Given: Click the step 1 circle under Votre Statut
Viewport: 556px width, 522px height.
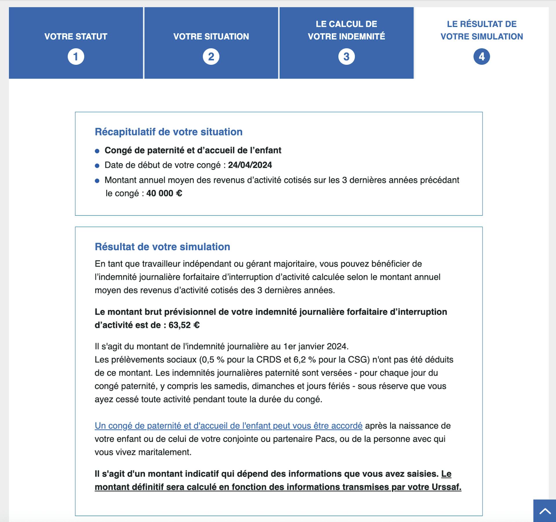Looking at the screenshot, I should (76, 56).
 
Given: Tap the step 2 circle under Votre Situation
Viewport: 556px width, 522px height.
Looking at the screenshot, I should (211, 56).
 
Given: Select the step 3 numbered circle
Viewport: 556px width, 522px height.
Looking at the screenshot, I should (346, 56).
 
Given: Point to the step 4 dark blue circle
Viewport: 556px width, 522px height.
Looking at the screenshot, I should (482, 56).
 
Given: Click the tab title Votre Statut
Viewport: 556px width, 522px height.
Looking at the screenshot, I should (76, 36).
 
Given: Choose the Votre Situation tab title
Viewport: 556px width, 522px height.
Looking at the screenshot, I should (211, 36).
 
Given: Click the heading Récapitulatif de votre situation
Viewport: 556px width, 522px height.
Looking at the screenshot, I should (169, 132).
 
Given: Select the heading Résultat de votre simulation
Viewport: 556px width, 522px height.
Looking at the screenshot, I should (162, 247).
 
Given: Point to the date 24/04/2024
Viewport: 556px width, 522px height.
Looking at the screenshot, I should (250, 165).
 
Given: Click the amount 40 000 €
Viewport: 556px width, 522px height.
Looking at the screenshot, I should (164, 193).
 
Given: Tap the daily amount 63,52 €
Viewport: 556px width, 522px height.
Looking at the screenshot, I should (184, 325).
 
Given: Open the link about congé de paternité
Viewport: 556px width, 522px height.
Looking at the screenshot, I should (228, 426).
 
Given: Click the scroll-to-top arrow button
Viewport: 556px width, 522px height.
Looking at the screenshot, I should (545, 511).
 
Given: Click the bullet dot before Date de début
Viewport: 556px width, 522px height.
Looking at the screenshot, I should (97, 166).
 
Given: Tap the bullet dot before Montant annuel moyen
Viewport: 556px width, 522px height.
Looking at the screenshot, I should (97, 181).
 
